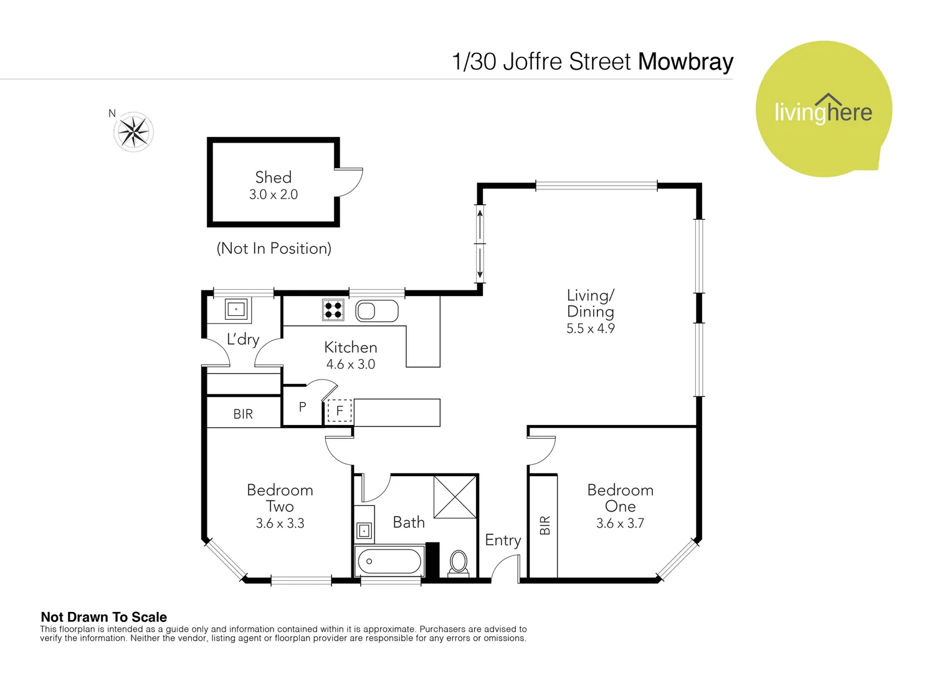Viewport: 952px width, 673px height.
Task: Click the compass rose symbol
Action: [133, 131]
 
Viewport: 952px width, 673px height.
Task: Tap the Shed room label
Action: [273, 178]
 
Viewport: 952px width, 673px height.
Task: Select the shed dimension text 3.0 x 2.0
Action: [273, 194]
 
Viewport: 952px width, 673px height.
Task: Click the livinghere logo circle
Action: [823, 110]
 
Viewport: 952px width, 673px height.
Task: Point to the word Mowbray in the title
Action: [685, 62]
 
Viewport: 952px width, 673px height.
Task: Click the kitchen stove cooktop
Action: [333, 310]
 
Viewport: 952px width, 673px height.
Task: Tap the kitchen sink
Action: [376, 310]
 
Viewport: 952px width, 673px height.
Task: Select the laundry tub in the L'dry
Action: [236, 309]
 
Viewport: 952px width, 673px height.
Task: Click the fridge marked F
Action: [340, 411]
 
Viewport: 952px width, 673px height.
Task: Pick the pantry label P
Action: [302, 407]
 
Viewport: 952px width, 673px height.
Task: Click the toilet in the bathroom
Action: [459, 561]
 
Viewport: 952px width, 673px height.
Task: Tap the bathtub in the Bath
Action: [389, 561]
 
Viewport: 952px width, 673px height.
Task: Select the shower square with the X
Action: [455, 497]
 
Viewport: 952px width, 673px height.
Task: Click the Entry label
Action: [503, 540]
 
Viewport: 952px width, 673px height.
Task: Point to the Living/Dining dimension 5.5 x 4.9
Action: [590, 328]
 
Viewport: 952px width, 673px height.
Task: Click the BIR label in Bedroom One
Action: [545, 525]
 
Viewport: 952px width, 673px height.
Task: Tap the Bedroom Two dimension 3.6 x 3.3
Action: [280, 523]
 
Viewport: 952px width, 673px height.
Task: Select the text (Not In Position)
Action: [274, 249]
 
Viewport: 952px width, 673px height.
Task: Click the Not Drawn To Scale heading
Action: [103, 617]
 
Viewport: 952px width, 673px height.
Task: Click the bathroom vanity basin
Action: [364, 530]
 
